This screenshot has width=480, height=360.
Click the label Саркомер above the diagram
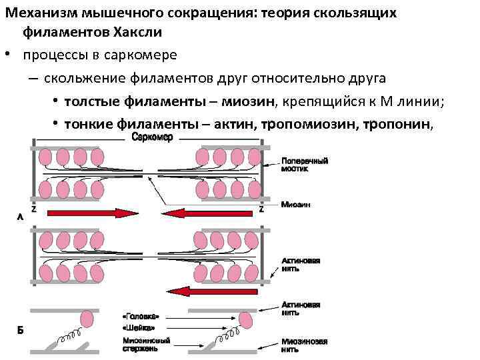click(153, 137)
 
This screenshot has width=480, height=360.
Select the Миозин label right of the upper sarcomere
click(295, 204)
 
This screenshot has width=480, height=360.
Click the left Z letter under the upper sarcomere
click(33, 209)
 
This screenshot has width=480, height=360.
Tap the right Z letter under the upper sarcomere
click(261, 209)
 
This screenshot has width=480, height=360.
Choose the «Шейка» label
click(139, 327)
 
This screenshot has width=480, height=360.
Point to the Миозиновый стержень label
click(146, 344)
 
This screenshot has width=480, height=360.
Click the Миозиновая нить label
click(304, 345)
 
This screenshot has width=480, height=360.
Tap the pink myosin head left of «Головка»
click(85, 321)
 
